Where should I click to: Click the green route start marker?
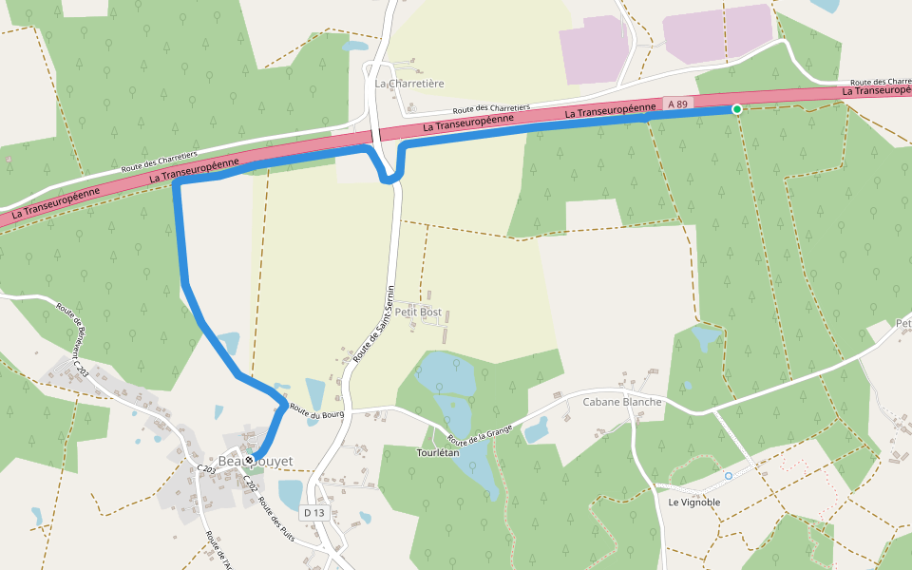(x=736, y=109)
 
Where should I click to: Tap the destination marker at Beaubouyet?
(x=249, y=460)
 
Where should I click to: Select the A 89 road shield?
(x=676, y=103)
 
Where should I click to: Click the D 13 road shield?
(x=313, y=513)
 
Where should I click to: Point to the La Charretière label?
(x=409, y=84)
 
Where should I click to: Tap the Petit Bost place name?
(x=419, y=312)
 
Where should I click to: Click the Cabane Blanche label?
(x=621, y=401)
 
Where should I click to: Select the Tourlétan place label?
(x=437, y=452)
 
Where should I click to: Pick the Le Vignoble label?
(x=693, y=502)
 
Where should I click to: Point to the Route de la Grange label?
(x=480, y=434)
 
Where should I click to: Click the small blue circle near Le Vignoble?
(x=729, y=475)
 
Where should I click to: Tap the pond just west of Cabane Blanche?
(x=537, y=430)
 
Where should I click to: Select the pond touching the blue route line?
(x=228, y=343)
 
